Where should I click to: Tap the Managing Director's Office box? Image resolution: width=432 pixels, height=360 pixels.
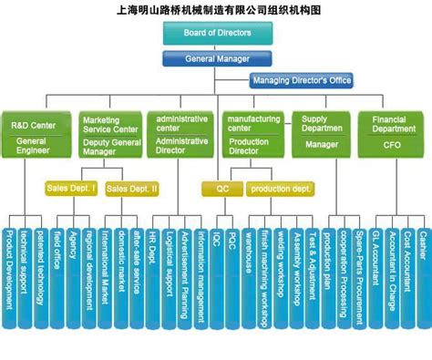302,80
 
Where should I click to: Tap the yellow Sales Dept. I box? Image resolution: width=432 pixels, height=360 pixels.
69,189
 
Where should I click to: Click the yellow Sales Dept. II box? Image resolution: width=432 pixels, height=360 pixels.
131,189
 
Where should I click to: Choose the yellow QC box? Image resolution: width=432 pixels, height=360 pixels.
222,189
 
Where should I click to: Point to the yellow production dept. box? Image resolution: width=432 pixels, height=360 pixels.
281,189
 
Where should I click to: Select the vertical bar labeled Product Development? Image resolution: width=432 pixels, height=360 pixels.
9,273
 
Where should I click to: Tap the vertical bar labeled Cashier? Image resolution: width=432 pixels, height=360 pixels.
422,273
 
